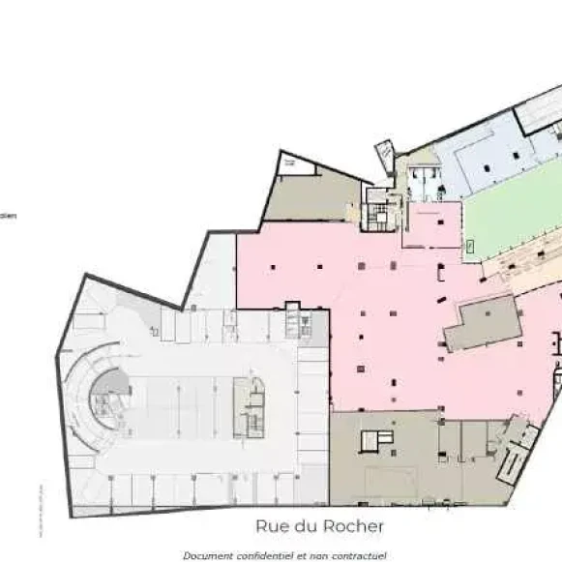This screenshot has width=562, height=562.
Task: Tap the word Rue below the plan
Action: click(x=271, y=527)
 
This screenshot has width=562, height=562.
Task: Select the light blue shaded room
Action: click(x=484, y=160)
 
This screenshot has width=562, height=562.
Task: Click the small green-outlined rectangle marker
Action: click(x=470, y=247)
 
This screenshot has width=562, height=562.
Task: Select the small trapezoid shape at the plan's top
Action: click(x=385, y=154)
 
